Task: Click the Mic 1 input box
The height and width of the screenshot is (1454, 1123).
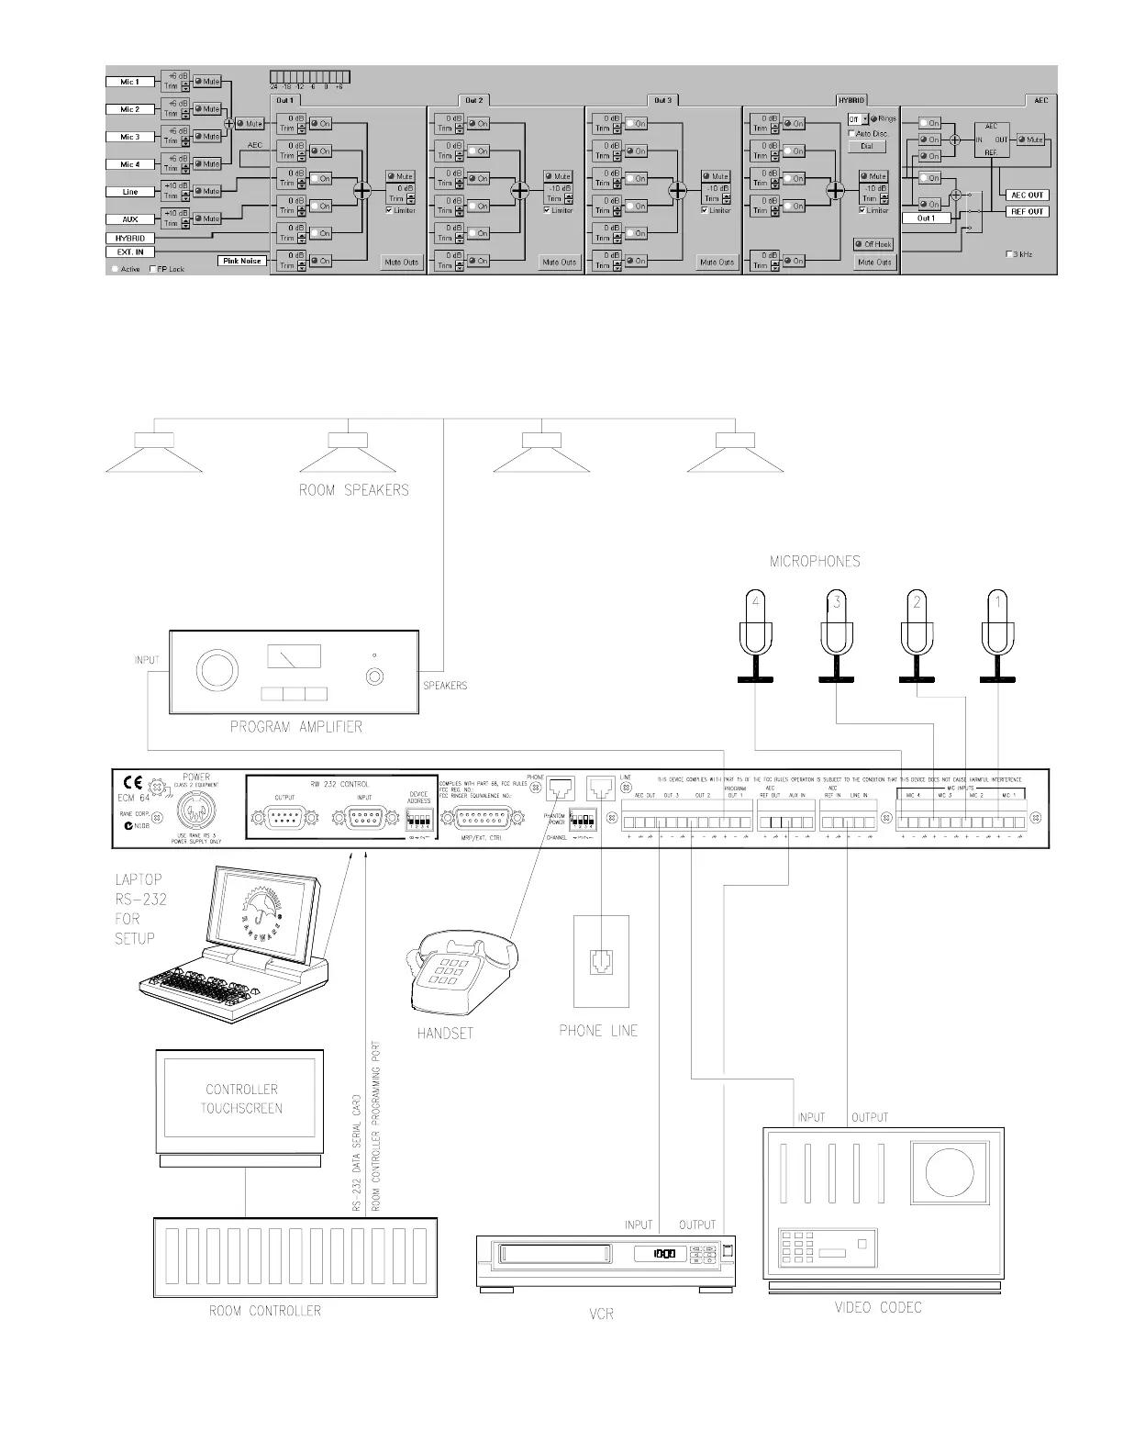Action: point(129,82)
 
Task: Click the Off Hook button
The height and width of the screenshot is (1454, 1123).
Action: point(874,244)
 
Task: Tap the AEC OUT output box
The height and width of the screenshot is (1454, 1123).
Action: point(1028,195)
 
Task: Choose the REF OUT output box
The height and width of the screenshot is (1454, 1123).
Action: point(1028,211)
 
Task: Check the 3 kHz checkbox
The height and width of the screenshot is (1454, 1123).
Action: point(1009,253)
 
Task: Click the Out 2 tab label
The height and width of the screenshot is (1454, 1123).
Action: point(473,100)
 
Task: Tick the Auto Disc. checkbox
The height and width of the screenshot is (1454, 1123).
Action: point(852,133)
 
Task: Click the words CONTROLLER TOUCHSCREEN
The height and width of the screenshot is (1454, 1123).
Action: point(241,1099)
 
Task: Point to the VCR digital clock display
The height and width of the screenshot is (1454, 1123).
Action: point(663,1254)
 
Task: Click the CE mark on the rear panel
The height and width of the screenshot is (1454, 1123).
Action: point(132,783)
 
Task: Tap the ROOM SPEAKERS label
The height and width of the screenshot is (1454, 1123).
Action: point(353,490)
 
